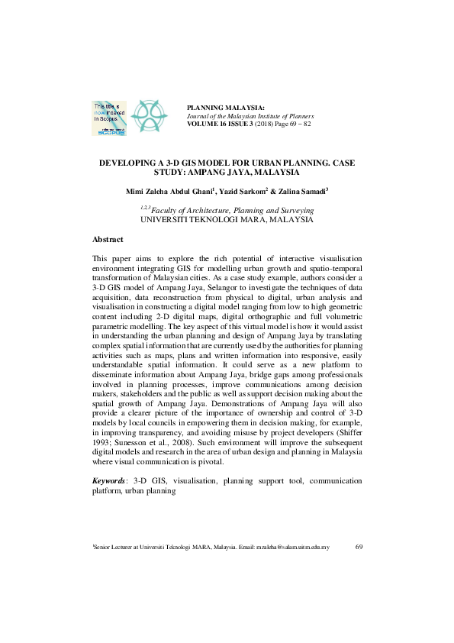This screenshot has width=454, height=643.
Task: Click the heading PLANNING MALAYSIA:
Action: pyautogui.click(x=226, y=108)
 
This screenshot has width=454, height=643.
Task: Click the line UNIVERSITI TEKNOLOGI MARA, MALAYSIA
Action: pyautogui.click(x=227, y=219)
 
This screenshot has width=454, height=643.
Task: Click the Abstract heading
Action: pyautogui.click(x=108, y=239)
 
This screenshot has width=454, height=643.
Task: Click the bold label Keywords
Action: pyautogui.click(x=108, y=482)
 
